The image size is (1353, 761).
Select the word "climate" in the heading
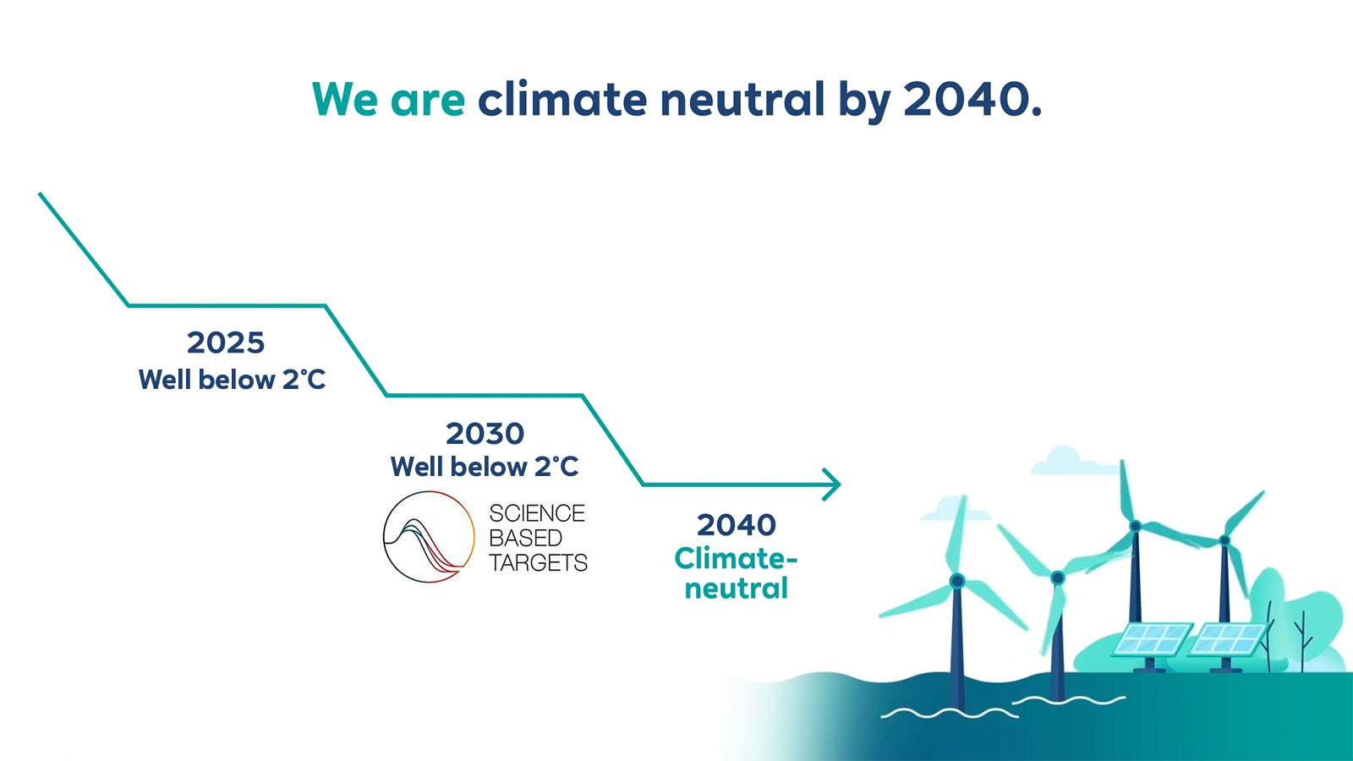[562, 98]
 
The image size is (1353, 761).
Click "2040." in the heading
[972, 98]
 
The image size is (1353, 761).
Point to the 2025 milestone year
[226, 342]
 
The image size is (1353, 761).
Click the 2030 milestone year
[485, 433]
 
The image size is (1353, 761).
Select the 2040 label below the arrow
[737, 524]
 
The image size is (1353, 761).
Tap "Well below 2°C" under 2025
[232, 380]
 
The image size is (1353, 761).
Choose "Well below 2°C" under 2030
[485, 466]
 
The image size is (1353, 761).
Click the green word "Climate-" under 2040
[736, 558]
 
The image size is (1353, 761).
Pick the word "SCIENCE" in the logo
[537, 513]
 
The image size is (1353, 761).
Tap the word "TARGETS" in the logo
[538, 562]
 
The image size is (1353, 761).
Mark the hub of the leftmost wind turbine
[956, 581]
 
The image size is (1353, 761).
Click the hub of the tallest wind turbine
[1135, 526]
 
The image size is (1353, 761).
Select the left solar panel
[1153, 639]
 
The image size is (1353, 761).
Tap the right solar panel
[1227, 639]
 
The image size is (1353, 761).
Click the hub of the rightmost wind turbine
[1224, 540]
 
